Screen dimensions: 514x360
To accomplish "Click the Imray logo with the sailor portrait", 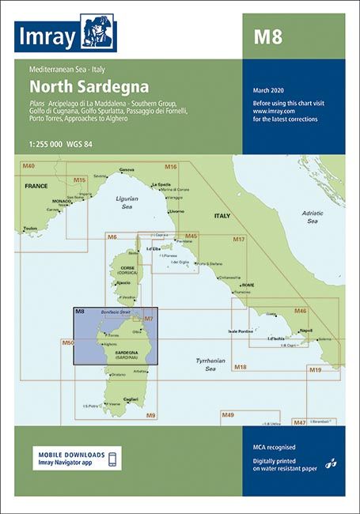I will click(x=64, y=32).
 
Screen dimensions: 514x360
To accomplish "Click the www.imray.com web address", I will click(x=274, y=112).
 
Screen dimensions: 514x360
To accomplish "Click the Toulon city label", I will click(x=30, y=228).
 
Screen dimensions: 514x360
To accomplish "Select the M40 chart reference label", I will click(x=28, y=166).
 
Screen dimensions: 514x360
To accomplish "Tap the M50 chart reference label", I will click(x=67, y=342).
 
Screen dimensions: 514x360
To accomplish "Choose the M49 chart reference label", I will click(x=228, y=415).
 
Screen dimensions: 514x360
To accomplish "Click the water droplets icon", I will click(x=332, y=461).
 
